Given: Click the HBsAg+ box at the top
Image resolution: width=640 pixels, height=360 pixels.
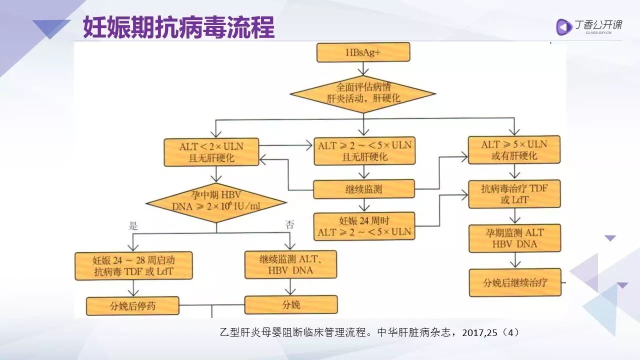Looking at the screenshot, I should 363,52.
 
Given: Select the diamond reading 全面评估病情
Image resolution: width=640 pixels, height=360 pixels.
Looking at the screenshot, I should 363,92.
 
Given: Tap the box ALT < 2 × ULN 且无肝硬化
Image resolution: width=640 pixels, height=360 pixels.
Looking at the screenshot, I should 211,152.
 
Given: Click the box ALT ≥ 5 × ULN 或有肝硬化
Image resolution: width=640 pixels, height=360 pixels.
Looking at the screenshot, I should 514,150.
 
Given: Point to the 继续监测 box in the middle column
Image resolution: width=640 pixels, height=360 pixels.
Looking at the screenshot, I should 364,189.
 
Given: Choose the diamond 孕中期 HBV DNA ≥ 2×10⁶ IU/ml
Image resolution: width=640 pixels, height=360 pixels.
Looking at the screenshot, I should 216,201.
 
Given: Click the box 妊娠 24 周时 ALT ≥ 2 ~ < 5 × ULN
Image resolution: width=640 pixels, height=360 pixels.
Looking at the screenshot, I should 364,226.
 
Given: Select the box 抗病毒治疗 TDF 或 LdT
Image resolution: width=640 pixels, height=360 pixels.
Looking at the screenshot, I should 514,194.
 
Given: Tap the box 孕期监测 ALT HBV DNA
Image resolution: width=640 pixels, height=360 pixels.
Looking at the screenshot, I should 514,238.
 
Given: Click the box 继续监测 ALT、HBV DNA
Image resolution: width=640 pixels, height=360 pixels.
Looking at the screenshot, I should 290,264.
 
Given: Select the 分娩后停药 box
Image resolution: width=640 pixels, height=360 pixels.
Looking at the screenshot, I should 132,305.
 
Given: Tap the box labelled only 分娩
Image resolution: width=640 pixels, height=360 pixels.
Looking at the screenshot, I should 290,304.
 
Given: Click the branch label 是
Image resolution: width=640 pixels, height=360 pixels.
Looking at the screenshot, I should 133,225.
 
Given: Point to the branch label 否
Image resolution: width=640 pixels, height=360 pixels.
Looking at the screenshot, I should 289,225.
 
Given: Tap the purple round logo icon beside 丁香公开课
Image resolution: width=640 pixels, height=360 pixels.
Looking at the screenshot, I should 564,27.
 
